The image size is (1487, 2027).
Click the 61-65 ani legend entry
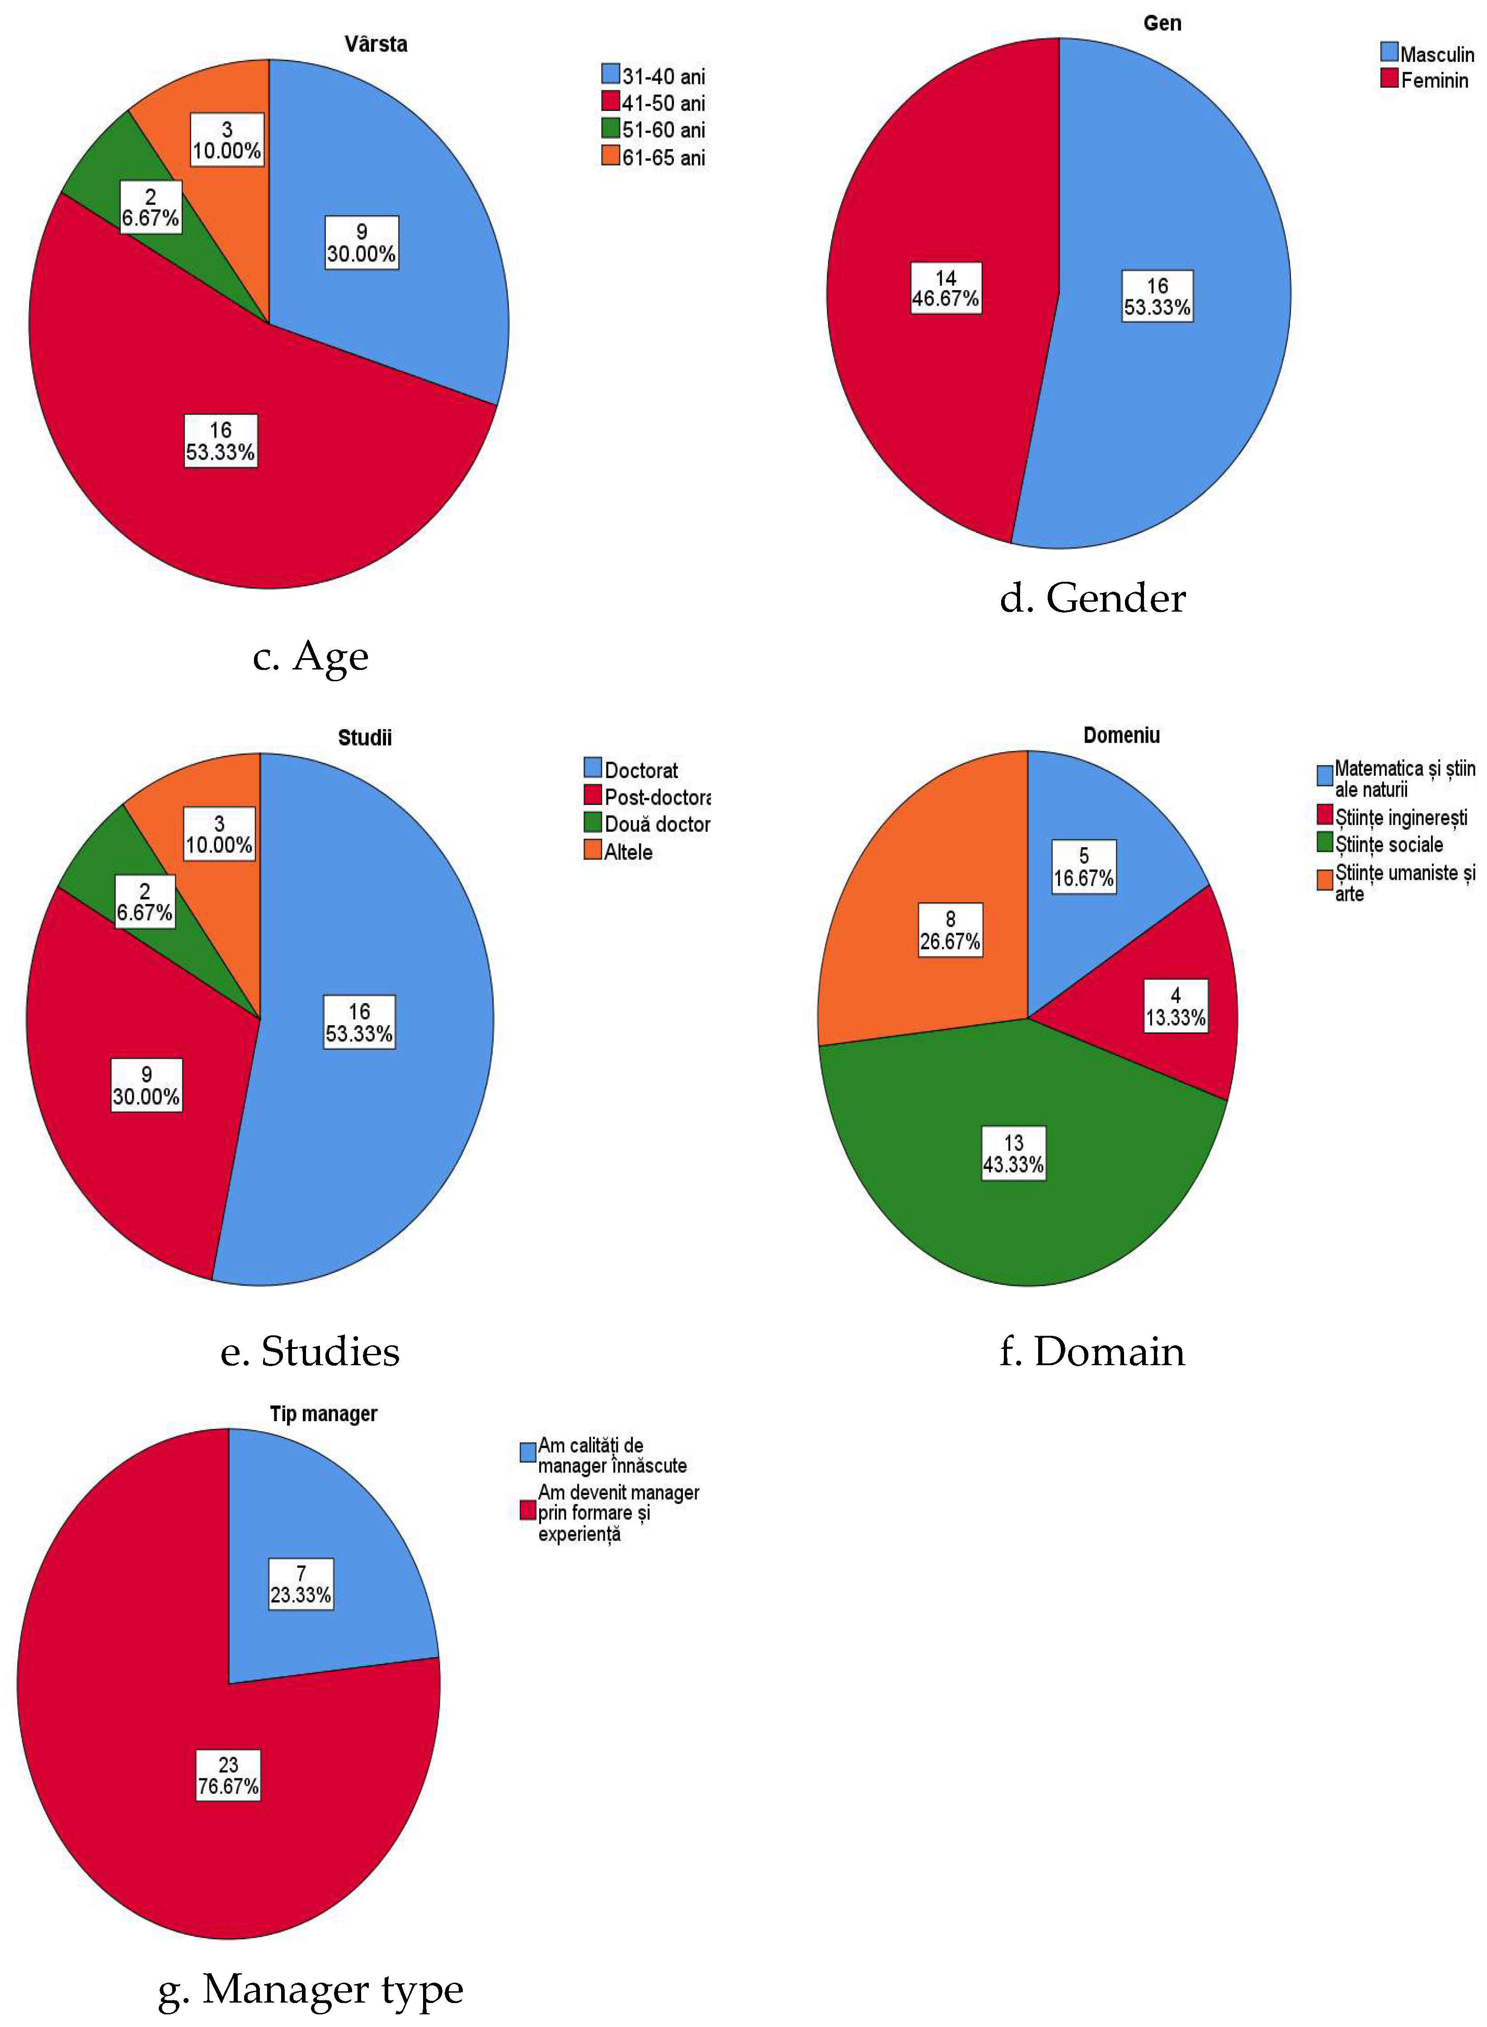tap(654, 157)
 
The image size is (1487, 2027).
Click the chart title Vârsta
tap(375, 44)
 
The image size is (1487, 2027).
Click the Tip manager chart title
tap(323, 1414)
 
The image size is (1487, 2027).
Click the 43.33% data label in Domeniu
tap(1013, 1154)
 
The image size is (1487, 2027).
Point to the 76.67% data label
tap(229, 1775)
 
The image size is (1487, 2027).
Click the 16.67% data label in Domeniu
tap(1084, 867)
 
